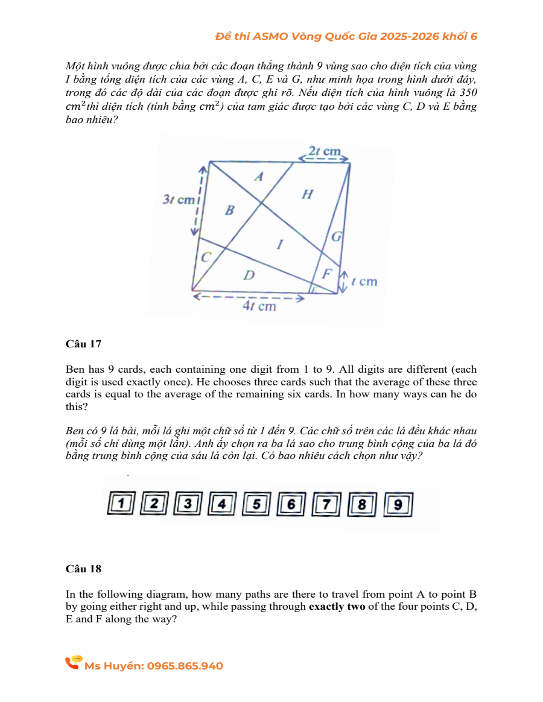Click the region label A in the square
pos(259,177)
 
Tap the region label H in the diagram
pos(307,194)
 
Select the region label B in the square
pos(229,210)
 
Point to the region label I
pos(279,245)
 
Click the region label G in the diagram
pos(337,236)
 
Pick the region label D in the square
pos(248,276)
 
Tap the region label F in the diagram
pos(326,273)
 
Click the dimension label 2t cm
pos(324,151)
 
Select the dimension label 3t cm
pos(177,199)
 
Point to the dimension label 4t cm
pos(259,306)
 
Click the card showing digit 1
pos(122,504)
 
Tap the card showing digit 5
pos(258,504)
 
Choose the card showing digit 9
pos(398,504)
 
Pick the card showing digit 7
pos(328,504)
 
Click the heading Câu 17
pos(83,344)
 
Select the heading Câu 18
pos(83,569)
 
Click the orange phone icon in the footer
pos(74,663)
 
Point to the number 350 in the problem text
pos(468,93)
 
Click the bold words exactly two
pos(337,607)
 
